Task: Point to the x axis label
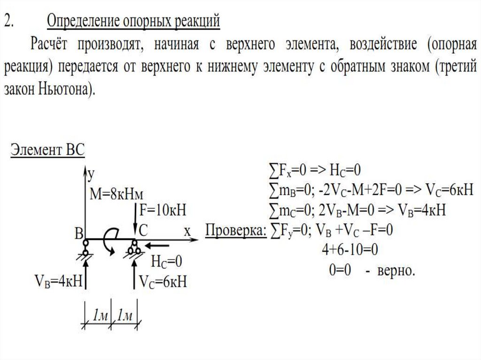(x=187, y=231)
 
